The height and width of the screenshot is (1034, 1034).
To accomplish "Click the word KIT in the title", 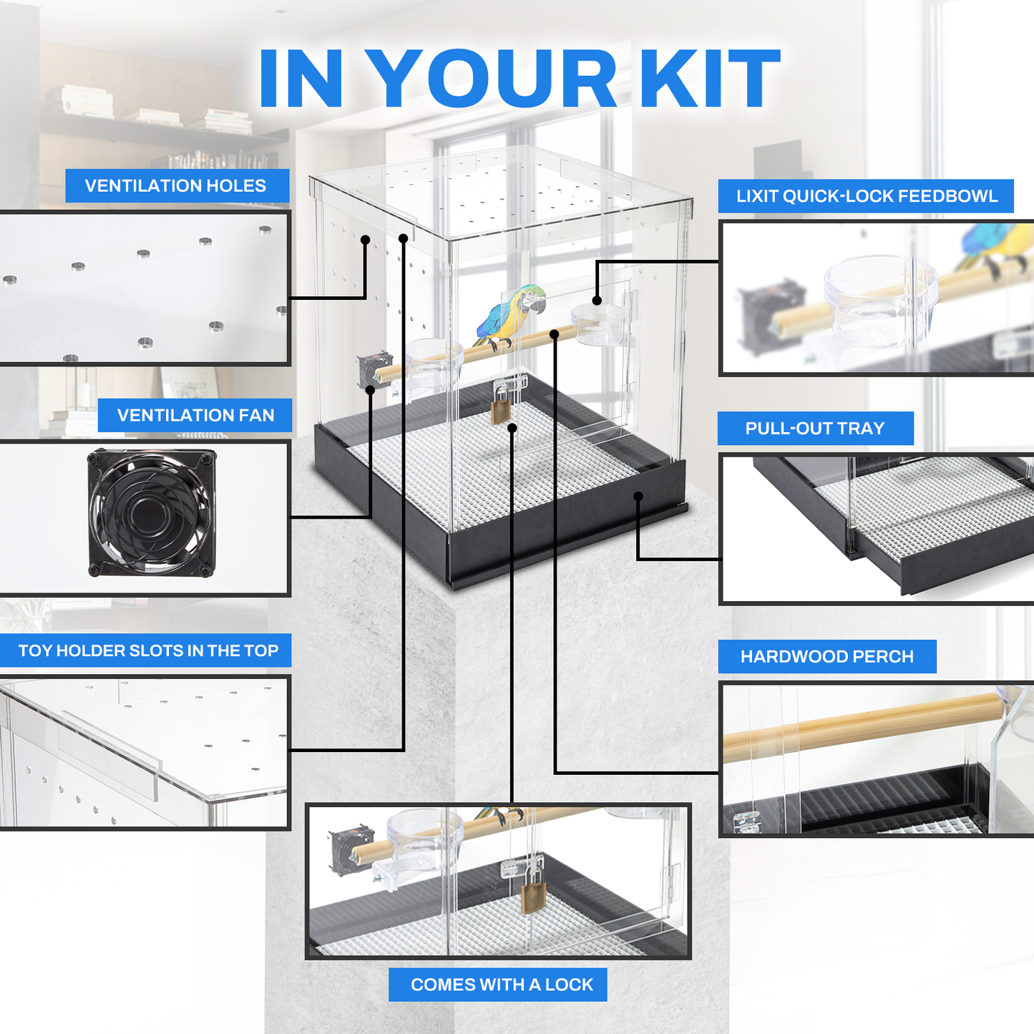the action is tap(713, 78).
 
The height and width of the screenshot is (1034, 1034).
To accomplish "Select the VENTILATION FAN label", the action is tap(195, 415).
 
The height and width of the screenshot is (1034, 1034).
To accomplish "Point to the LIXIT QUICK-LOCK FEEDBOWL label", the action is tap(867, 196).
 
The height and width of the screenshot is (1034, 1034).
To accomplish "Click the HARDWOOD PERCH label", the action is tap(827, 656).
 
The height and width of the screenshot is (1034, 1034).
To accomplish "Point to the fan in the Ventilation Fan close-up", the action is tap(152, 512).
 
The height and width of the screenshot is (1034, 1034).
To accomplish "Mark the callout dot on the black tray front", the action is tap(638, 496).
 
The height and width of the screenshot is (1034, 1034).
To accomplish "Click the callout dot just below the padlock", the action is tap(512, 428).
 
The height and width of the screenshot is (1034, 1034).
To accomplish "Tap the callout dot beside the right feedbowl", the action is tap(597, 300).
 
